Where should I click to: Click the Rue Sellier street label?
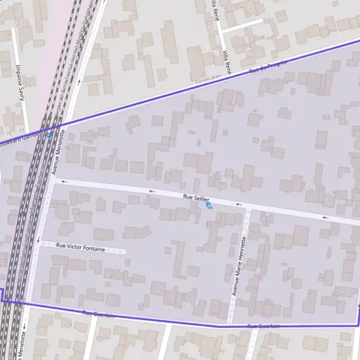pyautogui.click(x=196, y=197)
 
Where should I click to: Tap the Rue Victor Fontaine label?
pyautogui.click(x=80, y=246)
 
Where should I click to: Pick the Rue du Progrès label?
pyautogui.click(x=268, y=67)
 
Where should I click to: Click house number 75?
pyautogui.click(x=8, y=133)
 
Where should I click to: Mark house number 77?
pyautogui.click(x=22, y=130)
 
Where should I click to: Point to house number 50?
pyautogui.click(x=68, y=147)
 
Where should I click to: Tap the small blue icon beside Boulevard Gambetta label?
pyautogui.click(x=49, y=135)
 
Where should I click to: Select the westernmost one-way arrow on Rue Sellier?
pyautogui.click(x=64, y=181)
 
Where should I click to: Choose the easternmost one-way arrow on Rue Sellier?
pyautogui.click(x=325, y=217)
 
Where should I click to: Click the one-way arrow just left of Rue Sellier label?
pyautogui.click(x=152, y=191)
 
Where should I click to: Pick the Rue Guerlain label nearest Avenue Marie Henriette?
pyautogui.click(x=264, y=326)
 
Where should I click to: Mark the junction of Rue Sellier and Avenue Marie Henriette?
pyautogui.click(x=247, y=207)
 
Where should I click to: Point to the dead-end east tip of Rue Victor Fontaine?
pyautogui.click(x=124, y=251)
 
